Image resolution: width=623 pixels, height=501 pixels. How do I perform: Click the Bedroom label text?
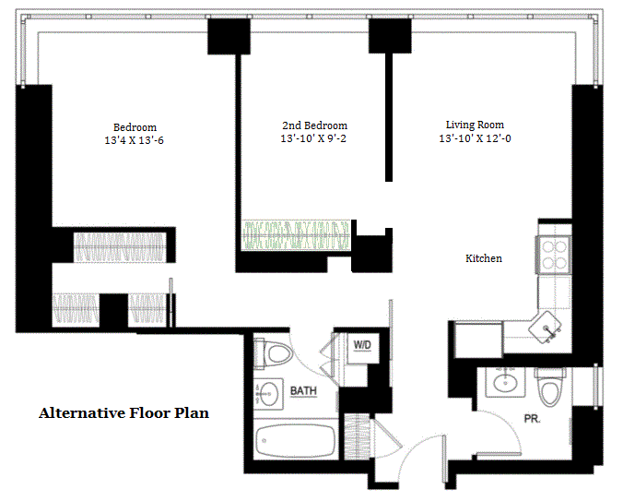coord(135,127)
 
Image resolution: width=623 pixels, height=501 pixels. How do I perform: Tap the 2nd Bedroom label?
coord(314,125)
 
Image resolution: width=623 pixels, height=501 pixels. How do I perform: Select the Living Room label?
coord(475,125)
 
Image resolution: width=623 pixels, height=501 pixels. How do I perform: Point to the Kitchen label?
coord(484,258)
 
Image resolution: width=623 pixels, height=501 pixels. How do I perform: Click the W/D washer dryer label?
coord(362,345)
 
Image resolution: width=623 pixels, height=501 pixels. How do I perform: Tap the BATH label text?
coord(303,391)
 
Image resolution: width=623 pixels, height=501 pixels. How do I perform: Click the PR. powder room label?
coord(532,419)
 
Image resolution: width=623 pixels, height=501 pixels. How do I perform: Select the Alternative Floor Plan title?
coord(124,413)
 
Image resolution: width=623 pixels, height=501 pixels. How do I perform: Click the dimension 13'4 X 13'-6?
coord(134,140)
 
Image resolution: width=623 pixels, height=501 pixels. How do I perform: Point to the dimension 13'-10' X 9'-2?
coord(313,138)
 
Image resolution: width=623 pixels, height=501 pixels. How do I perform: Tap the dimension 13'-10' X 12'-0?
coord(475,138)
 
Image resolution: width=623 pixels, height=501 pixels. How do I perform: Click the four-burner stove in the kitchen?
coord(554,255)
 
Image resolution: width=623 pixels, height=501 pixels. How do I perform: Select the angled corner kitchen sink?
coord(547,328)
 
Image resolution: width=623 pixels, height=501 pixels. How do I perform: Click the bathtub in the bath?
coord(295,441)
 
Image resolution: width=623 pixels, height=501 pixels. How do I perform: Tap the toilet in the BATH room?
coord(274,353)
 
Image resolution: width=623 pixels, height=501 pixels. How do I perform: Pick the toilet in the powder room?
coord(550,387)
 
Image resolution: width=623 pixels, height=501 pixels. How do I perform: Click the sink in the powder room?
coord(505,382)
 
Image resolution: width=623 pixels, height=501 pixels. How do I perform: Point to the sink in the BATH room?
coord(268,394)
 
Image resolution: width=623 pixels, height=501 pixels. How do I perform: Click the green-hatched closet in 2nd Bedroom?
coord(296,235)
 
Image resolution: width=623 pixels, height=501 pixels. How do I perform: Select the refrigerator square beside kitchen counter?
coord(478,340)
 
